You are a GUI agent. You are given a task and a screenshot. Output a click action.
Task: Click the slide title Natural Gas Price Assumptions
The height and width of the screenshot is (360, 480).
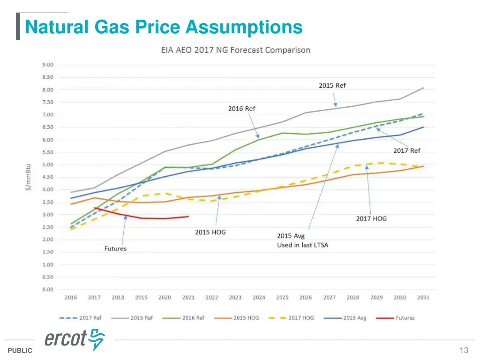pos(164,26)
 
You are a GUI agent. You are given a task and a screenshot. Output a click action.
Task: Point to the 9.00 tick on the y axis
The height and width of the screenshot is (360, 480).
pos(48,65)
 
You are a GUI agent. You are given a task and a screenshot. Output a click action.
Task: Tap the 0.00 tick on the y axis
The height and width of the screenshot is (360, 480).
pos(48,289)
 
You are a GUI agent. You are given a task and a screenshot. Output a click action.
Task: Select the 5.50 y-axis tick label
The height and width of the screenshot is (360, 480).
pos(48,152)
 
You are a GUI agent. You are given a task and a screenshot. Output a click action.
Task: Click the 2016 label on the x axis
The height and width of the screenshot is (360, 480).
pos(71,297)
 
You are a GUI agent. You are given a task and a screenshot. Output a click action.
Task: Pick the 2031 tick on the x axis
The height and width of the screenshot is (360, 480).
pos(423,297)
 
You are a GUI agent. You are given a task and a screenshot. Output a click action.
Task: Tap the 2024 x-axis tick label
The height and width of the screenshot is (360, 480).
pos(259,297)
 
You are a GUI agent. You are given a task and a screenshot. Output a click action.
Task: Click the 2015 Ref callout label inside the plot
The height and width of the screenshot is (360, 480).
pos(332,85)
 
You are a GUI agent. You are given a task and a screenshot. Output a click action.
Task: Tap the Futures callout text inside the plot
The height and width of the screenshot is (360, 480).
pos(115,248)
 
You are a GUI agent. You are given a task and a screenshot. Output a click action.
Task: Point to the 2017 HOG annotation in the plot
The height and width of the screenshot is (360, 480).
pos(371,218)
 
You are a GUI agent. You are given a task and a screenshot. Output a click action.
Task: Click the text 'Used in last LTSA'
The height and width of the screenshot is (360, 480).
pos(302,245)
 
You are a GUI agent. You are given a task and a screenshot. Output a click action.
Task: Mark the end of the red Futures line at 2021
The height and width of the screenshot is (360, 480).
pos(188,217)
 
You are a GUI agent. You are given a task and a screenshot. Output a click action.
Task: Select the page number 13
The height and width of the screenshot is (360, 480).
pos(464,350)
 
